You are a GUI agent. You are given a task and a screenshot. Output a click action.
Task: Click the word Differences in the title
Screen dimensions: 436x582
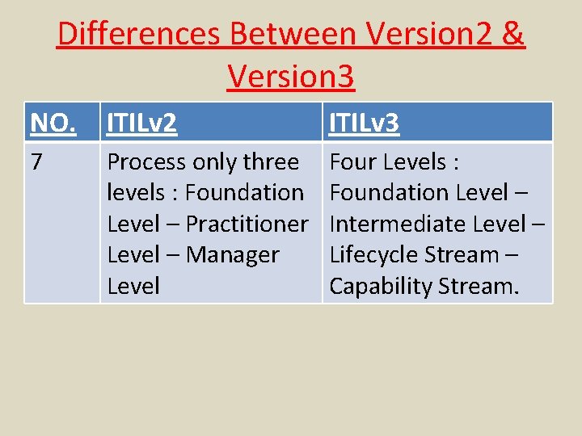pyautogui.click(x=139, y=34)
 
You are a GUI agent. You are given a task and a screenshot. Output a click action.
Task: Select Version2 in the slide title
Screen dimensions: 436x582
pyautogui.click(x=426, y=34)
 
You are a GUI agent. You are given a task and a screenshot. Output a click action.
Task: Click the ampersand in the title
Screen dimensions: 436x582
pyautogui.click(x=513, y=34)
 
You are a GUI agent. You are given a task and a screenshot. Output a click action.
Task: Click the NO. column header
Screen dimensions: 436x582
pyautogui.click(x=53, y=124)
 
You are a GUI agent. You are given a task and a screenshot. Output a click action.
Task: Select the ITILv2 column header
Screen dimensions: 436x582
pyautogui.click(x=142, y=124)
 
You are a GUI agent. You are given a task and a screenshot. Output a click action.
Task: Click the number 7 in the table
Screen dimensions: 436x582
pyautogui.click(x=36, y=161)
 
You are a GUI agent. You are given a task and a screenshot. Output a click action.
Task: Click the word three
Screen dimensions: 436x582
pyautogui.click(x=271, y=162)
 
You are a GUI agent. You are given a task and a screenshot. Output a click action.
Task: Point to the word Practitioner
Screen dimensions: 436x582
pyautogui.click(x=247, y=224)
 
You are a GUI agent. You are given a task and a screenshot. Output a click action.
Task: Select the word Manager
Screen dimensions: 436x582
pyautogui.click(x=232, y=255)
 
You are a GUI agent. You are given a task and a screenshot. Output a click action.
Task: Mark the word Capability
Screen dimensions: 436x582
pyautogui.click(x=380, y=286)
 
